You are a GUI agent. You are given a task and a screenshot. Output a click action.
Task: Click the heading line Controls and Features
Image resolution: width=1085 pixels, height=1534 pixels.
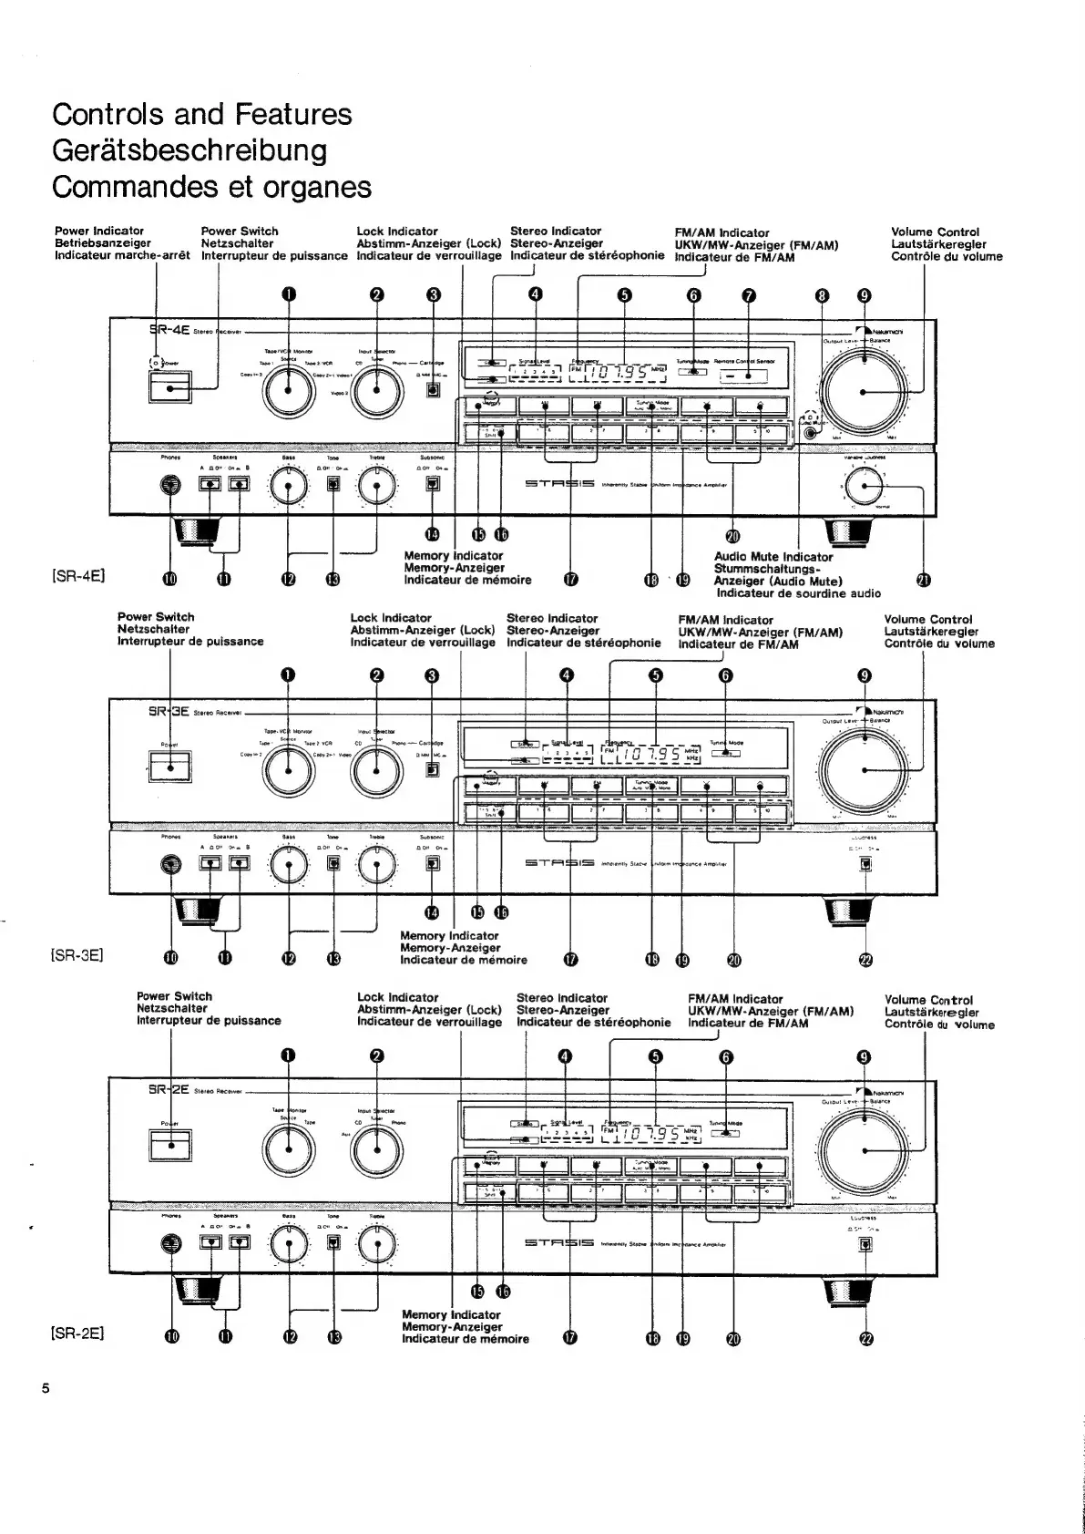tap(201, 114)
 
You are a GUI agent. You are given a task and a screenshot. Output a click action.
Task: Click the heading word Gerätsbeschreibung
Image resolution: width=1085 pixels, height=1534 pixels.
tap(189, 150)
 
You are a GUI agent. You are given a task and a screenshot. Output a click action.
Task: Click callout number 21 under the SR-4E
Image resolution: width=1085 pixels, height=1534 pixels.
tap(926, 581)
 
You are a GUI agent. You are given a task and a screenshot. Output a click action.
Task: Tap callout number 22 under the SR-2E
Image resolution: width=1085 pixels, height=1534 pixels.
tap(865, 1338)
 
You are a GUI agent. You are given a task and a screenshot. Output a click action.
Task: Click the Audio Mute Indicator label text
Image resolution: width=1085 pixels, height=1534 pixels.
tap(773, 557)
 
